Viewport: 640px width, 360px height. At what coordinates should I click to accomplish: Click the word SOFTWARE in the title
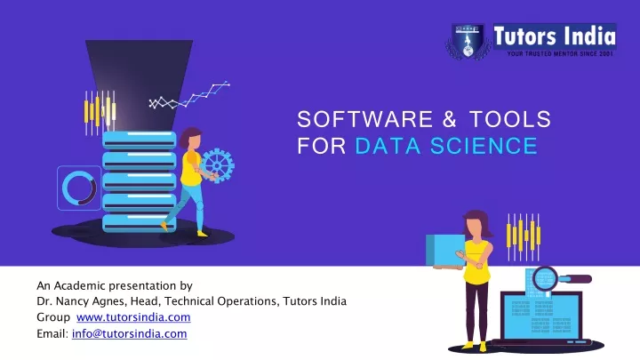(365, 119)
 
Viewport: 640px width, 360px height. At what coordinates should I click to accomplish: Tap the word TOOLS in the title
(510, 119)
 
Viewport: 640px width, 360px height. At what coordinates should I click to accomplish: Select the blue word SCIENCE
(484, 146)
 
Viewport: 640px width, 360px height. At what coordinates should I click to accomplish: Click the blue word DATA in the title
(388, 146)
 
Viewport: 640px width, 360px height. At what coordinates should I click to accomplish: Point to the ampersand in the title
(450, 119)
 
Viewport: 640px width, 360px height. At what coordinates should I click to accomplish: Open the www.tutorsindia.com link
(133, 317)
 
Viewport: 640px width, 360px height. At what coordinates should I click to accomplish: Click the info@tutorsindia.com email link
(130, 333)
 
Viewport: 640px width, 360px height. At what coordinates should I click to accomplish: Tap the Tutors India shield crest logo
(468, 41)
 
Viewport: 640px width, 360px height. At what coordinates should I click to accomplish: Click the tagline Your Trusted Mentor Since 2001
(560, 54)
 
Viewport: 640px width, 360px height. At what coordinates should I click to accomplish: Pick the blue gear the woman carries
(218, 165)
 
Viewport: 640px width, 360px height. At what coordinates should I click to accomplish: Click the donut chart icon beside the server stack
(79, 188)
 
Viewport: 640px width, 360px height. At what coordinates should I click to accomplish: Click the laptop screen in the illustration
(541, 316)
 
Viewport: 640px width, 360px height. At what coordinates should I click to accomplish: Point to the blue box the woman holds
(445, 250)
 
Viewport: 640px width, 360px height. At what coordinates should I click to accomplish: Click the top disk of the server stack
(140, 140)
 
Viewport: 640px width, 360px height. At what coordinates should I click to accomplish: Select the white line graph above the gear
(189, 96)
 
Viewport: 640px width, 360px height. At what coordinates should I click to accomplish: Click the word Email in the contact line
(52, 333)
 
